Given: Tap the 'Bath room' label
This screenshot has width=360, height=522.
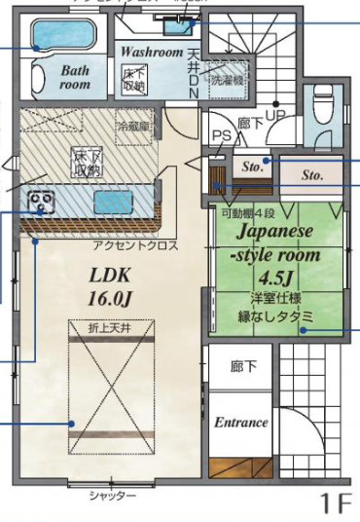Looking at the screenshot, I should click(x=75, y=77).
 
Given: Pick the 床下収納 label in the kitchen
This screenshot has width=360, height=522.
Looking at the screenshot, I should click(x=87, y=164).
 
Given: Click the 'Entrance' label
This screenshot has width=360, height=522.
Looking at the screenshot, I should click(x=241, y=422).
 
